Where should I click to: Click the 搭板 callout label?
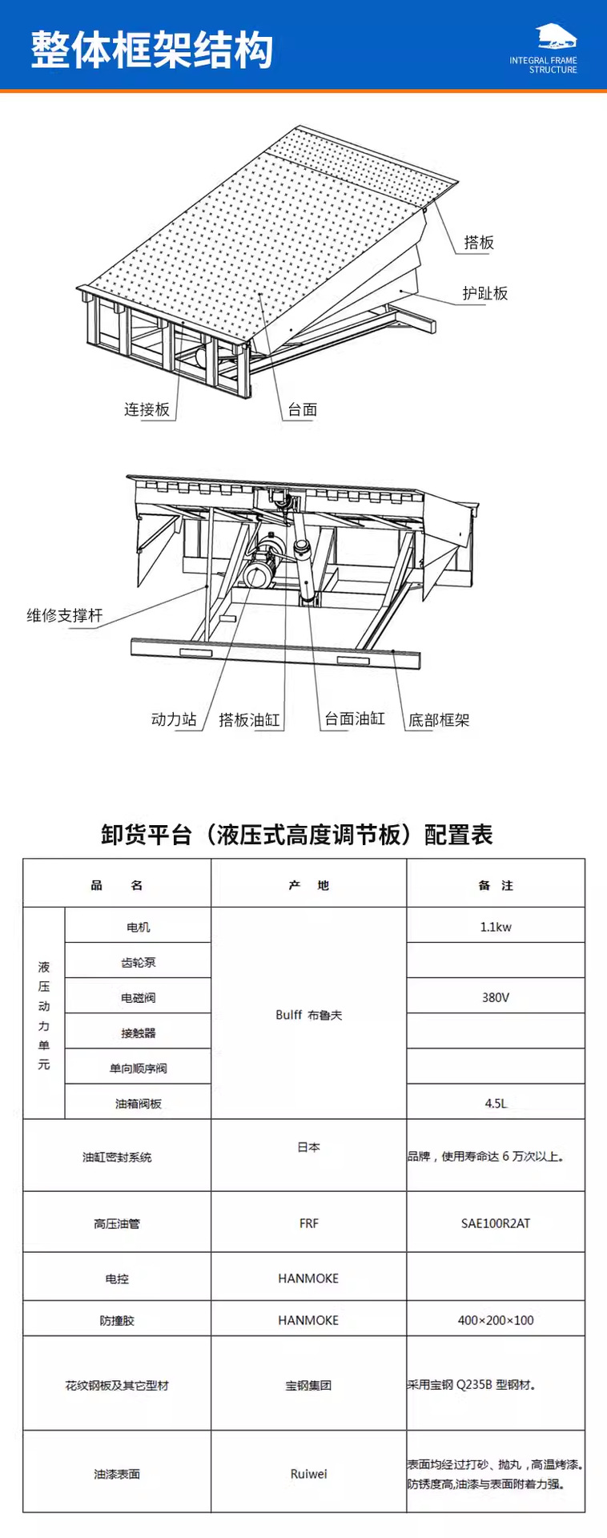coord(479,242)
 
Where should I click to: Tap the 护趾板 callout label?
coord(485,293)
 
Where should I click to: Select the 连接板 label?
coord(147,409)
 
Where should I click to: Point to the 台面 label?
coord(303,409)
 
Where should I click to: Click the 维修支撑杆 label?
coord(65,615)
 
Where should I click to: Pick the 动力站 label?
coord(174,719)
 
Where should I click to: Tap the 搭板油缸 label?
coord(250,719)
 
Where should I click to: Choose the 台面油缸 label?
coord(355,719)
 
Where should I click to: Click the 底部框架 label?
coord(439,719)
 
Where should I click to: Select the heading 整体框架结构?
coord(152,50)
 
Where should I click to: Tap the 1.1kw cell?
coord(496,927)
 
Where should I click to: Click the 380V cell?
coord(496,997)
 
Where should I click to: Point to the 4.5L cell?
coord(496,1103)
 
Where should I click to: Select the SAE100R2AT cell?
coord(496,1223)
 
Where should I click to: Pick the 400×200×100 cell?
coord(496,1320)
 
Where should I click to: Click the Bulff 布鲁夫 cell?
coord(309,1014)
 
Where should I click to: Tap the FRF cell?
coord(309,1223)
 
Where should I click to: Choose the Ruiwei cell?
coord(309,1473)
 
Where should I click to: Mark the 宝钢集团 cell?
coord(309,1385)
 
